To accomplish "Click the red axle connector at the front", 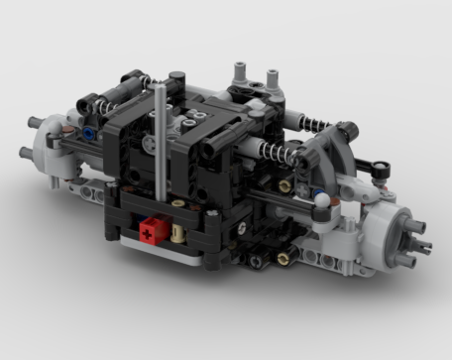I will coord(149,230).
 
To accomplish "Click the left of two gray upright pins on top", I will coord(240,73).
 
